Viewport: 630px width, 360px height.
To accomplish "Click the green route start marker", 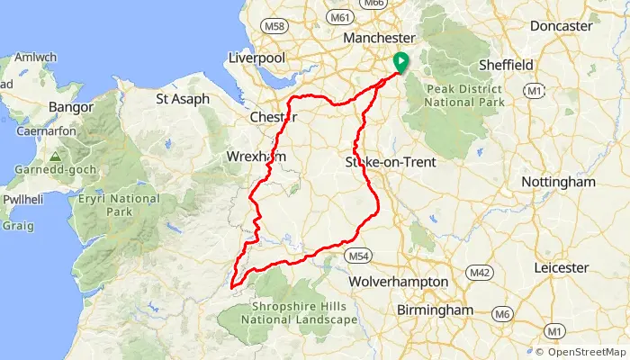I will (x=399, y=62).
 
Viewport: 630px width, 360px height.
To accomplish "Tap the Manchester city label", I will (x=380, y=38).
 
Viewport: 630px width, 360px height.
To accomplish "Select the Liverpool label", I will (x=256, y=58).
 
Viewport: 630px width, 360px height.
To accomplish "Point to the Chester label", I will (x=273, y=117).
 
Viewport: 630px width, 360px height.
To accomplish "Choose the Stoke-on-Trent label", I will (x=391, y=163).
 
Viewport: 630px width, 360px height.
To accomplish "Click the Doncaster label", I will (x=560, y=26).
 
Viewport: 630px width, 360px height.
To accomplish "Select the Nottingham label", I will (x=564, y=182).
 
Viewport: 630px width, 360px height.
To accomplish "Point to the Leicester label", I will (x=561, y=268).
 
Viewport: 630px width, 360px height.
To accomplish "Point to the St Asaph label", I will (x=183, y=98).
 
